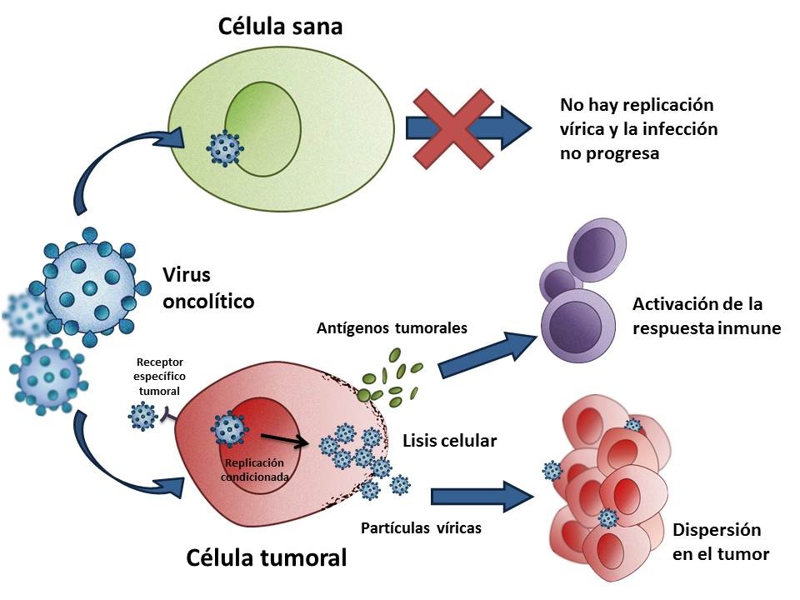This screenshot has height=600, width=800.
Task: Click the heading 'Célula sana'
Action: [x=280, y=27]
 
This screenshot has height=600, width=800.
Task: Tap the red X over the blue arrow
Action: [x=453, y=129]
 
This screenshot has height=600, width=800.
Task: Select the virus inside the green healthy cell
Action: [x=225, y=148]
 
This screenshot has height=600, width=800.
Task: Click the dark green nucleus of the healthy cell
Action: [x=263, y=129]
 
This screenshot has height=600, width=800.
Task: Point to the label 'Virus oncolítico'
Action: [x=208, y=287]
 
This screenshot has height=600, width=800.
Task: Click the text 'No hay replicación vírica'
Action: [x=637, y=117]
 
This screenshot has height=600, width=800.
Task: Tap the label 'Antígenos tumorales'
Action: [x=392, y=327]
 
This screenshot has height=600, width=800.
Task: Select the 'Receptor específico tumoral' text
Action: [x=160, y=377]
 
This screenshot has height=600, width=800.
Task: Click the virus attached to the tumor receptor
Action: [x=142, y=416]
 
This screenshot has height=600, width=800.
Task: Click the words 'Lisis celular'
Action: [x=449, y=441]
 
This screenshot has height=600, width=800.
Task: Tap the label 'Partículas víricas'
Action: [x=421, y=528]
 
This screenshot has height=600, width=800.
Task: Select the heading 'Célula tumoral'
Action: [x=267, y=557]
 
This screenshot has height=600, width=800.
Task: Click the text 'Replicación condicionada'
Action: [x=255, y=470]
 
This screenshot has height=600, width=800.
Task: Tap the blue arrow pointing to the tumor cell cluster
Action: [x=482, y=496]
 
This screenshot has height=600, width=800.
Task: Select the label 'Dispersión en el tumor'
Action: [x=720, y=542]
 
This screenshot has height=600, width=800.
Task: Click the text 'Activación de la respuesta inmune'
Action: [x=707, y=316]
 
